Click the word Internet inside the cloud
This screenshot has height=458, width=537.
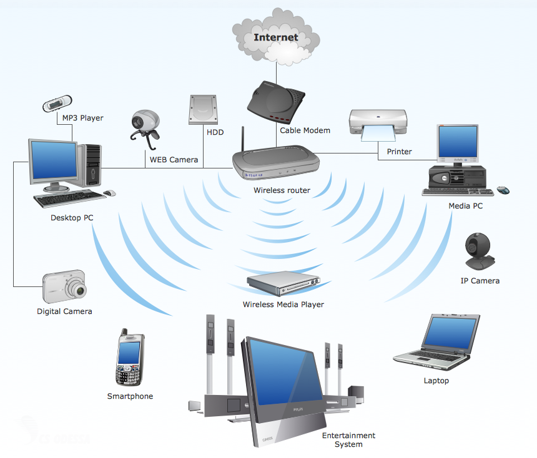(x=275, y=37)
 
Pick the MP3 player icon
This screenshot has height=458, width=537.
(x=57, y=103)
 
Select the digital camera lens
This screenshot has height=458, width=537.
(x=77, y=289)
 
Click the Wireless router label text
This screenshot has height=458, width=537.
(x=282, y=190)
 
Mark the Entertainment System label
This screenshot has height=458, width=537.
(x=348, y=440)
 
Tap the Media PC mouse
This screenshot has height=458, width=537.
(x=503, y=190)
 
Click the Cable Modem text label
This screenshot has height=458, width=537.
(x=305, y=130)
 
